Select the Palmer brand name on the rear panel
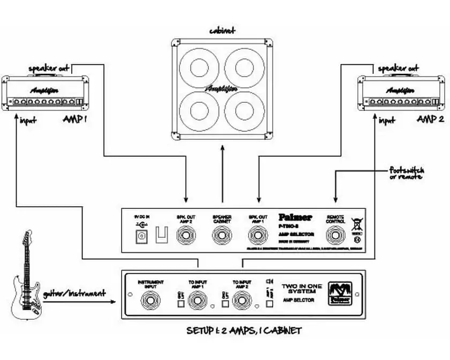coord(295,217)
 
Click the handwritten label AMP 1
coord(74,119)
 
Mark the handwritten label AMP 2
coord(430,119)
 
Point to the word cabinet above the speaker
coord(222,30)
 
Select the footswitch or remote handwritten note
coord(407,173)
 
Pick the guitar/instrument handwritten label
coord(74,294)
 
